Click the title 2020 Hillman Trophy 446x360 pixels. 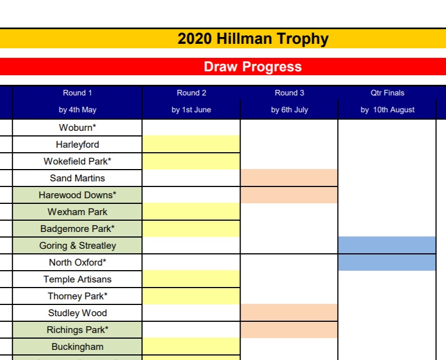click(252, 39)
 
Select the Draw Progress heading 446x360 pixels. click(252, 67)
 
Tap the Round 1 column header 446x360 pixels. click(77, 93)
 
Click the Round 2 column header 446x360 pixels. click(191, 93)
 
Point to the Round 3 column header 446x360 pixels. click(289, 93)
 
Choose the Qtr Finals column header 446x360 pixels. click(387, 93)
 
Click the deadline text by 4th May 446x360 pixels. click(77, 110)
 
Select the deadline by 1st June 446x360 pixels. click(191, 110)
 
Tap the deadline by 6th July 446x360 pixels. click(289, 110)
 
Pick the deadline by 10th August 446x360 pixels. click(387, 110)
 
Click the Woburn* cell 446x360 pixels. click(77, 127)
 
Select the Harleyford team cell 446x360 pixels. click(77, 144)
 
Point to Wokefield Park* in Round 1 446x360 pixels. click(77, 161)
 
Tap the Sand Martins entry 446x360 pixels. click(77, 178)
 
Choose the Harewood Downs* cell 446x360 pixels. click(77, 195)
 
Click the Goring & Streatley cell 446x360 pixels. click(77, 245)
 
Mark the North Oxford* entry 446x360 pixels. click(77, 262)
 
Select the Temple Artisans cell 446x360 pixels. click(77, 279)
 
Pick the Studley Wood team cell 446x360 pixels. click(77, 313)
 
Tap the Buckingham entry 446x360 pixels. click(77, 347)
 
